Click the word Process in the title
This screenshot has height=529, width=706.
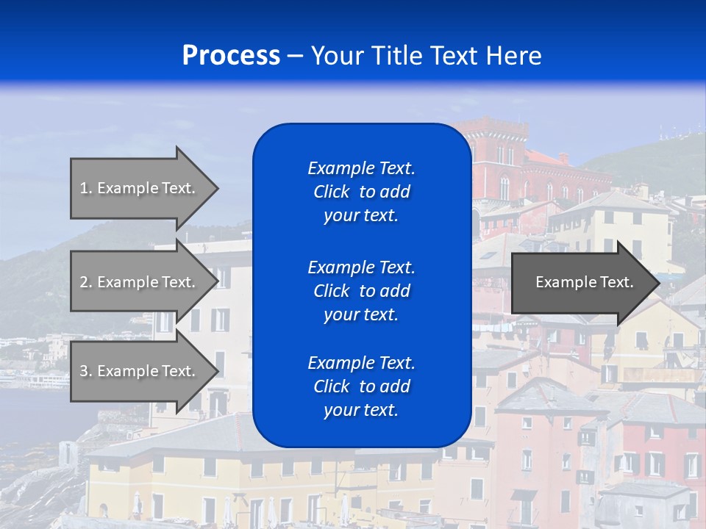231,56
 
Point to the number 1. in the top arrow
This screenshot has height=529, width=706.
86,188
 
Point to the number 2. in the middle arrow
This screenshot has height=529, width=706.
86,282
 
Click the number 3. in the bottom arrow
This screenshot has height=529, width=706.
86,371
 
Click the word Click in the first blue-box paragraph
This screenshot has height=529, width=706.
332,192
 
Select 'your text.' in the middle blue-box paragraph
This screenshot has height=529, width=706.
361,314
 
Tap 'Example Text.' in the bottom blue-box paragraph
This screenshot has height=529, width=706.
361,363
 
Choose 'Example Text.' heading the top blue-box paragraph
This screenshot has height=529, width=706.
361,168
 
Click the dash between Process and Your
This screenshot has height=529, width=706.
295,56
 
